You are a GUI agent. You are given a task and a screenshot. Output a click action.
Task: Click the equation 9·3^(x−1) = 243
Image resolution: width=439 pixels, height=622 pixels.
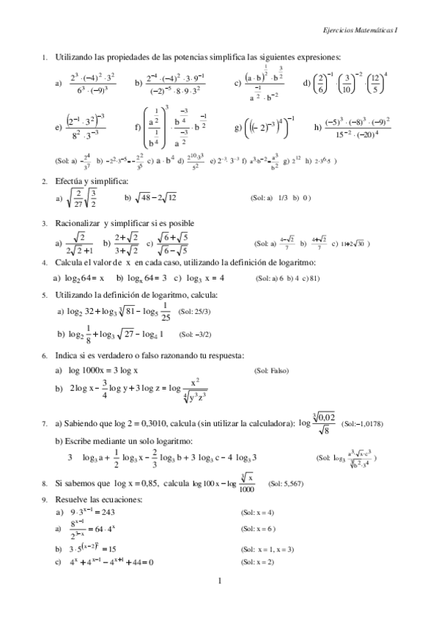coord(93,512)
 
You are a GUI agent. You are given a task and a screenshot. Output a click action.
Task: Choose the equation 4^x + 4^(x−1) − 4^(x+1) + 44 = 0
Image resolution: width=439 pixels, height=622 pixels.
coord(110,563)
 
